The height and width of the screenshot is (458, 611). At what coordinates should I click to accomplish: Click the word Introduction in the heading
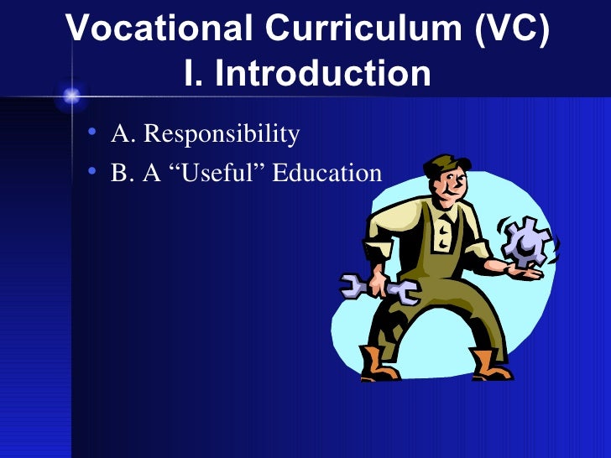[323, 74]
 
